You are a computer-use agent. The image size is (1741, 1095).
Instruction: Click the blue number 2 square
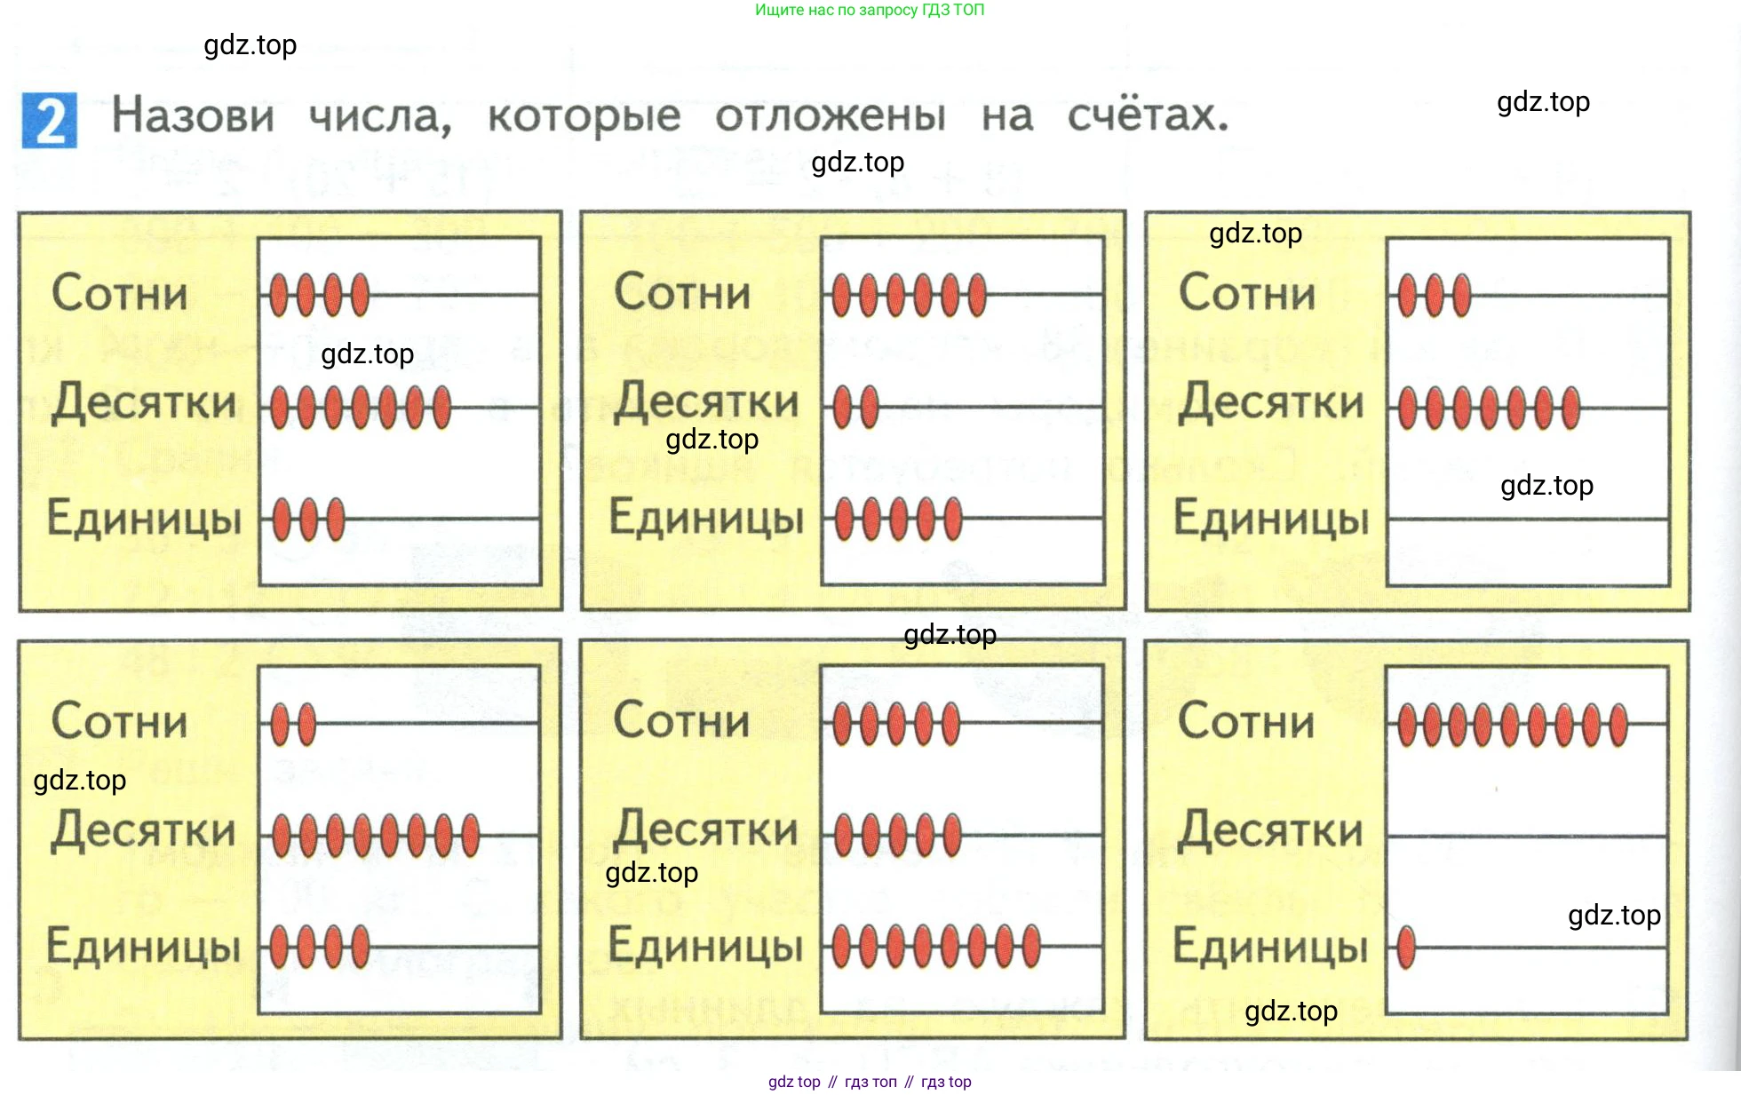click(50, 121)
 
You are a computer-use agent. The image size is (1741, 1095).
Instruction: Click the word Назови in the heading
click(193, 116)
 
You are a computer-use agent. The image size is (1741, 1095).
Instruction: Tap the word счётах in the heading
click(1147, 115)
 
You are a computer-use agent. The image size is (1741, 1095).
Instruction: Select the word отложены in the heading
click(831, 116)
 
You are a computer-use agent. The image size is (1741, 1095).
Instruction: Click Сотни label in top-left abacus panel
click(120, 294)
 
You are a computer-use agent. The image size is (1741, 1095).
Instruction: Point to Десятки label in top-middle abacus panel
click(707, 401)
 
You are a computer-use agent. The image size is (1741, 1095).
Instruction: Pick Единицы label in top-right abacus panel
click(1271, 519)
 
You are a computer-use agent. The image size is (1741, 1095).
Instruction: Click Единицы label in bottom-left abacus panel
click(144, 947)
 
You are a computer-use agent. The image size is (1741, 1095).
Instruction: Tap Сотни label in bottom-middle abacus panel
click(682, 720)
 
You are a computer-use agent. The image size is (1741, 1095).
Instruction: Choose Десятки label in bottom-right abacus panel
click(1270, 831)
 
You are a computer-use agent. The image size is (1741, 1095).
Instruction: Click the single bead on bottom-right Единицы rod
click(1406, 947)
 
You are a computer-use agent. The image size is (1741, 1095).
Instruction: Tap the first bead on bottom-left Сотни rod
click(280, 724)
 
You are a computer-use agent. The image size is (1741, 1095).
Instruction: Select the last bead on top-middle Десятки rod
click(870, 407)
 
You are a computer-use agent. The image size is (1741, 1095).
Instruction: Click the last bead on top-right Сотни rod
click(1461, 296)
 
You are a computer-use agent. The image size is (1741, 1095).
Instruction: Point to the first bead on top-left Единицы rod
click(282, 520)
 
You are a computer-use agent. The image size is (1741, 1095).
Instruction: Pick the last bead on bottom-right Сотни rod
click(1618, 725)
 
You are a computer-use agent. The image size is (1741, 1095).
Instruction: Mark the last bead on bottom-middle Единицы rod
click(1031, 947)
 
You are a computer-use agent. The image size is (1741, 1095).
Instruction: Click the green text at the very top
click(869, 10)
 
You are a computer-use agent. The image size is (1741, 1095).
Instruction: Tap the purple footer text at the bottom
click(869, 1082)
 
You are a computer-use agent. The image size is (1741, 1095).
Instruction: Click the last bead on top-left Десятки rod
click(441, 408)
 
